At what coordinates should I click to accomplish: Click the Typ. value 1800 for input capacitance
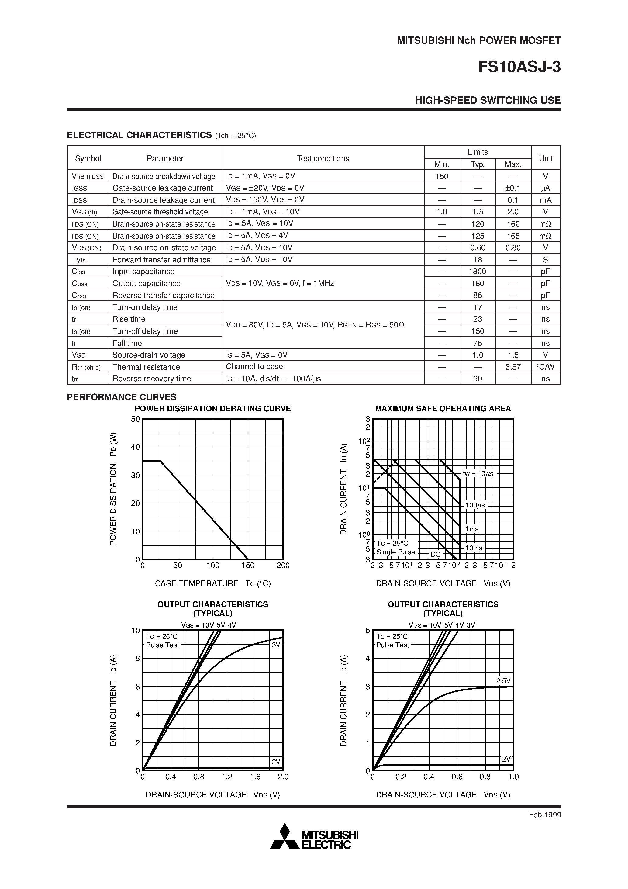pyautogui.click(x=478, y=272)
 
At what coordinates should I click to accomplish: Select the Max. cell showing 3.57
pyautogui.click(x=513, y=367)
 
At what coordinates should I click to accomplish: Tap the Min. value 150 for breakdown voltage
pyautogui.click(x=441, y=177)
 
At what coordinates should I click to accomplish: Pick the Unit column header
pyautogui.click(x=546, y=158)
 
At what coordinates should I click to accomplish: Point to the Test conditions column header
pyautogui.click(x=323, y=158)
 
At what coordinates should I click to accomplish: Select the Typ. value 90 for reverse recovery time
pyautogui.click(x=478, y=379)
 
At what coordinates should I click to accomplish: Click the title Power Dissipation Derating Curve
pyautogui.click(x=212, y=409)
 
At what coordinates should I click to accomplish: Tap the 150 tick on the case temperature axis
pyautogui.click(x=248, y=565)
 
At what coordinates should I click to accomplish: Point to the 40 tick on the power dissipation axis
pyautogui.click(x=135, y=447)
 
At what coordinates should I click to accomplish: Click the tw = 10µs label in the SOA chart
pyautogui.click(x=478, y=474)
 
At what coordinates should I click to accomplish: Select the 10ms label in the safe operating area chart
pyautogui.click(x=474, y=548)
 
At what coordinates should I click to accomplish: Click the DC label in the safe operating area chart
pyautogui.click(x=436, y=554)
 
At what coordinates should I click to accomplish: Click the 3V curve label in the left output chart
pyautogui.click(x=276, y=645)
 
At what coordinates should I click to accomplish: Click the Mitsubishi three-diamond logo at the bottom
pyautogui.click(x=285, y=836)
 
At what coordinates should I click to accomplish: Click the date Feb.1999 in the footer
pyautogui.click(x=544, y=815)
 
